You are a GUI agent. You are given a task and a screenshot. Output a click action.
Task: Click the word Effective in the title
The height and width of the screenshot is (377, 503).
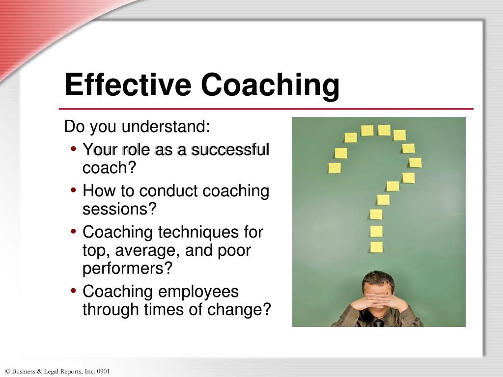(x=128, y=84)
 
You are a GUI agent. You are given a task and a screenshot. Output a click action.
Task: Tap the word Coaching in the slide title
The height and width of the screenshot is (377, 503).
(x=270, y=84)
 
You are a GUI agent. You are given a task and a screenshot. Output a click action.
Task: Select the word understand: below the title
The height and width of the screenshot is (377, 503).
(x=166, y=127)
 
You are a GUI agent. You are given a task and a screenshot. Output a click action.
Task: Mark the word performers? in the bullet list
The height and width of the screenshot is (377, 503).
(x=128, y=269)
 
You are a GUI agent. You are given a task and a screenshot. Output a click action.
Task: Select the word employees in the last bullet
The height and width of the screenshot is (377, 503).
(x=198, y=291)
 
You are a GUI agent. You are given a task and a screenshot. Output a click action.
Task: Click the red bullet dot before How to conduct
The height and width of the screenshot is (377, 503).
(x=74, y=190)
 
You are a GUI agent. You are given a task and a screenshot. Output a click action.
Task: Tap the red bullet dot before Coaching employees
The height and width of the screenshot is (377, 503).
(x=74, y=291)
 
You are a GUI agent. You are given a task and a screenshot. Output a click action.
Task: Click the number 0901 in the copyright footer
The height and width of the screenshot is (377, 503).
(x=103, y=372)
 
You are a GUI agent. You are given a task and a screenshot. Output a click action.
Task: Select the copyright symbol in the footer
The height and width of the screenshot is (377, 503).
(x=7, y=372)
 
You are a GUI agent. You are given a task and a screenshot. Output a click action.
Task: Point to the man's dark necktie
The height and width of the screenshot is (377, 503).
(x=378, y=323)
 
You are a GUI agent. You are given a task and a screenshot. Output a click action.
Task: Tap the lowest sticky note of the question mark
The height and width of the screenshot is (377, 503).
(x=376, y=247)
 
